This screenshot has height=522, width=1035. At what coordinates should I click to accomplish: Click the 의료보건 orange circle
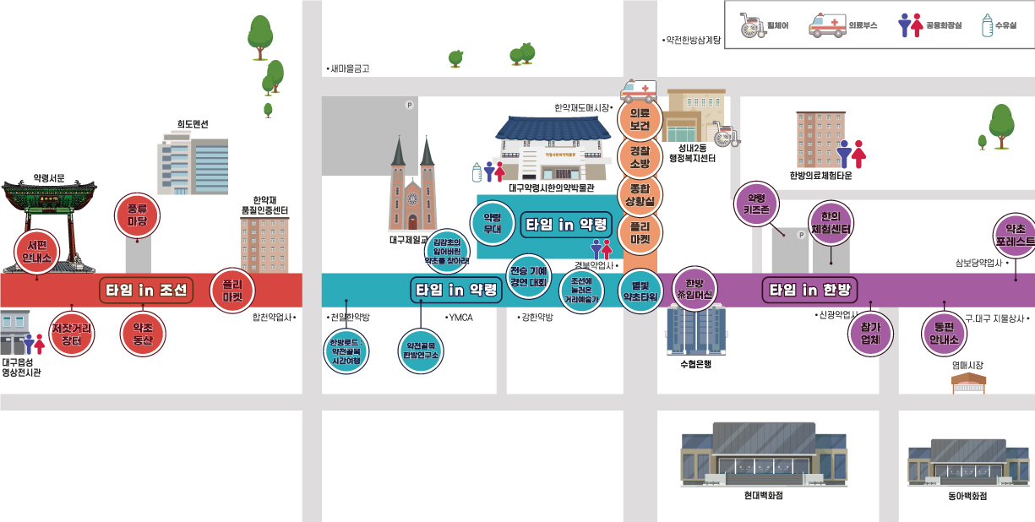640,119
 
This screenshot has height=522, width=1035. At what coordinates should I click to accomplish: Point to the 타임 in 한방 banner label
809,291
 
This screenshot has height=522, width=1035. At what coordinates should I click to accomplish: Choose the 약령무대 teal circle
492,222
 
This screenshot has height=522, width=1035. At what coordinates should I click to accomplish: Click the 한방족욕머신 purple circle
695,289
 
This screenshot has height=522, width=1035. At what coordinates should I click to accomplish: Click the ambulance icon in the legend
828,25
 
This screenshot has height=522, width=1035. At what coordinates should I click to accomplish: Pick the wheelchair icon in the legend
752,25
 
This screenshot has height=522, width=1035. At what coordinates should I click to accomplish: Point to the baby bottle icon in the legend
987,25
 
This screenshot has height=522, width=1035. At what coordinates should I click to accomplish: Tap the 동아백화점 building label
967,497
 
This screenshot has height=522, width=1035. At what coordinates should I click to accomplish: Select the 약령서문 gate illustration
48,220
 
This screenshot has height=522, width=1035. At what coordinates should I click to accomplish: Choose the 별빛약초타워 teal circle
640,291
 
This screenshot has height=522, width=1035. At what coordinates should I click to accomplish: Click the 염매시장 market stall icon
968,383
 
